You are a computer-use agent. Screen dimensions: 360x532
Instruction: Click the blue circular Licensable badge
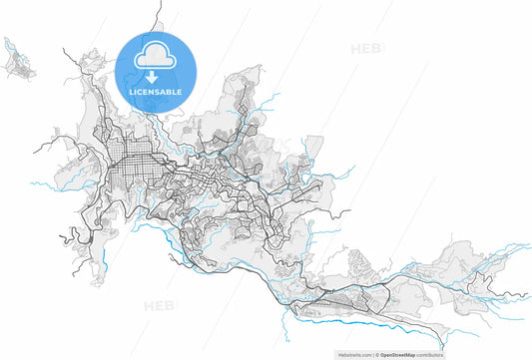click(x=155, y=70)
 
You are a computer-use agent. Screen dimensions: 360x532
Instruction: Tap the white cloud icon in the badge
click(x=155, y=56)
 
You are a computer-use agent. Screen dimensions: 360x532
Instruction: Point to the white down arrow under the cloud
click(x=155, y=76)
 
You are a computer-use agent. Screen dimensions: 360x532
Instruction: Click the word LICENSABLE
click(x=155, y=92)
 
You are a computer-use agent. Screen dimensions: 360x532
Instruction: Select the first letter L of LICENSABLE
click(x=131, y=92)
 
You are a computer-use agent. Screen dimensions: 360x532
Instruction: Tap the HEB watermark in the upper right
click(x=365, y=48)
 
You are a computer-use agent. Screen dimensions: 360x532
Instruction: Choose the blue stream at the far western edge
click(x=40, y=184)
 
